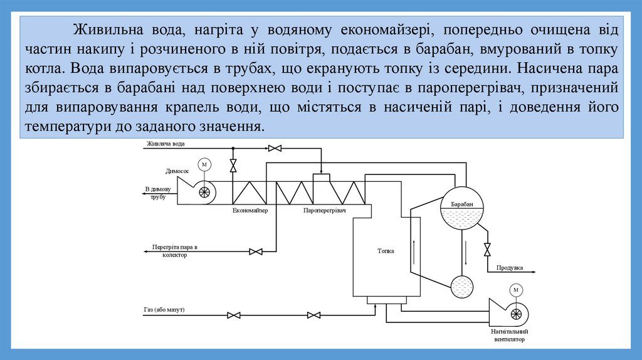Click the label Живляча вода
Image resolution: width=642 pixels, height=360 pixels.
(166, 144)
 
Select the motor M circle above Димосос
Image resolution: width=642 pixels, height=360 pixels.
(204, 164)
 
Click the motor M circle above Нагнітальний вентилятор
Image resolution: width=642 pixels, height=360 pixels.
(515, 290)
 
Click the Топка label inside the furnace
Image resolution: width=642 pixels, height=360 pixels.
(386, 251)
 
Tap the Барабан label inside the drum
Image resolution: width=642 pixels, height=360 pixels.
(461, 204)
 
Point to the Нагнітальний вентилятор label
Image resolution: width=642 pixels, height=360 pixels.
(510, 335)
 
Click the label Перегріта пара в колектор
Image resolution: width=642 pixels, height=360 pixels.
(175, 251)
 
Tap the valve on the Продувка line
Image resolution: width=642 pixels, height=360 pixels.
(487, 249)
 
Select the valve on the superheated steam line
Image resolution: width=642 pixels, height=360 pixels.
(256, 251)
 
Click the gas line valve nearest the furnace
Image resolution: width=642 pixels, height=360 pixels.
(314, 315)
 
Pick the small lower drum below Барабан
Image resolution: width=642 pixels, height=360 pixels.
(463, 287)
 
